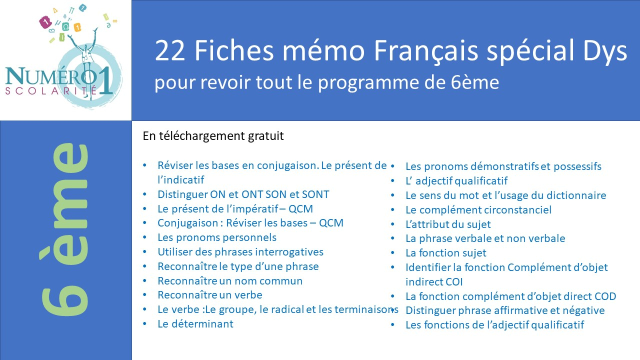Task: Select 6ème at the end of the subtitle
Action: [475, 82]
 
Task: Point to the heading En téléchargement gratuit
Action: [213, 136]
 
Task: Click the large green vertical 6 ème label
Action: [65, 229]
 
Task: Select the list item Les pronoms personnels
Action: [217, 237]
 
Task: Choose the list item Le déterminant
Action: [195, 324]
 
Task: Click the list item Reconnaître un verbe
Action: [210, 295]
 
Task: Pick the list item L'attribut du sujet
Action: [448, 224]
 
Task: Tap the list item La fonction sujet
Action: [445, 253]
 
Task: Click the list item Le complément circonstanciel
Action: [478, 210]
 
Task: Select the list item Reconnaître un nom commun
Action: [230, 281]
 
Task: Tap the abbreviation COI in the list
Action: [453, 282]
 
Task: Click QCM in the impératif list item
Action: [300, 209]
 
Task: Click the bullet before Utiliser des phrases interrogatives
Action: [145, 251]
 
